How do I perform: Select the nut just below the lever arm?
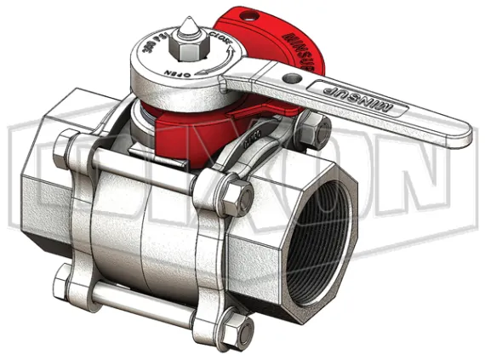[315, 132]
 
